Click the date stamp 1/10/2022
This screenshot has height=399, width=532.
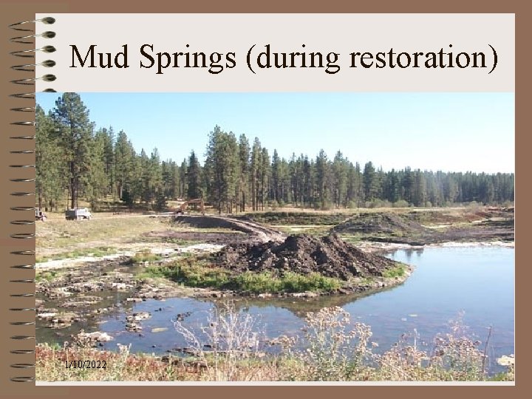pos(85,365)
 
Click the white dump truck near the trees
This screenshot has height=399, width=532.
pos(78,214)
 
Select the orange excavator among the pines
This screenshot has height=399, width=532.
pos(194,205)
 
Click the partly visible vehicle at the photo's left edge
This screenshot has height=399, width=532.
pos(40,214)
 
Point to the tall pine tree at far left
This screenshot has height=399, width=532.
pos(72,148)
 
